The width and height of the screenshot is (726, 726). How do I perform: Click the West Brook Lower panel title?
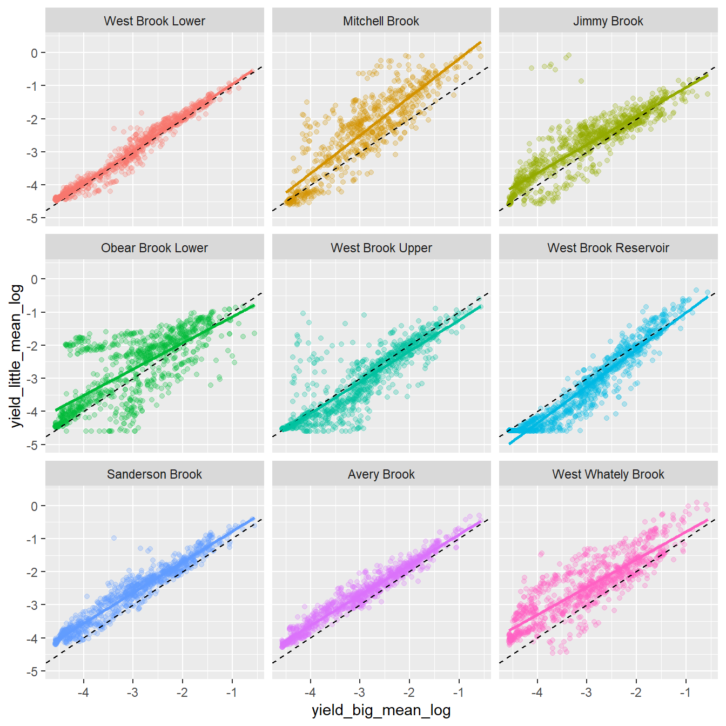(154, 21)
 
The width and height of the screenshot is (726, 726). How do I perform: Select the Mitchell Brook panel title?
(381, 21)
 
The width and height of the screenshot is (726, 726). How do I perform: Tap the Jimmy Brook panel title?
(608, 21)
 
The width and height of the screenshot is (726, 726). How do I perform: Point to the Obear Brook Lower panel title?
(154, 248)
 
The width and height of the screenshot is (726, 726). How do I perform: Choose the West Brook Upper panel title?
(381, 248)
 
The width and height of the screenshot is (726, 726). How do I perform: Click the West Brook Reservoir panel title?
(608, 248)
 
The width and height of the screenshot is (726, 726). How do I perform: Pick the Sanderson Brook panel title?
(154, 474)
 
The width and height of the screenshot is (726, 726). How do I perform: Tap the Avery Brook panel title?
(381, 474)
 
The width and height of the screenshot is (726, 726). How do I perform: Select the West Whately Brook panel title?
(608, 474)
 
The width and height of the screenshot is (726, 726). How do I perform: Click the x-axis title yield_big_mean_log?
(381, 710)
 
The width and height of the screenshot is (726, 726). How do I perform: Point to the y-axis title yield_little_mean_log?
(17, 356)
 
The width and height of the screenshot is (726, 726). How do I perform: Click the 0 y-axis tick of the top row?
(35, 53)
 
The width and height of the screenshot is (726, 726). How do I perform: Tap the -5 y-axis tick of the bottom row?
(32, 671)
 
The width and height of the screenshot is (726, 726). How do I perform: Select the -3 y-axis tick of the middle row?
(32, 379)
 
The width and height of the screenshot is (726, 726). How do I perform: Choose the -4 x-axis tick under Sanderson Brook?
(83, 693)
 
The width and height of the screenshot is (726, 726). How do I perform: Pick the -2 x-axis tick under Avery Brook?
(409, 693)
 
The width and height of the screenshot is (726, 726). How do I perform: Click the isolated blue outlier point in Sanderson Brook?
(113, 538)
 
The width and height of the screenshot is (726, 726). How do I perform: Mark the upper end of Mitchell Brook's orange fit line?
(480, 42)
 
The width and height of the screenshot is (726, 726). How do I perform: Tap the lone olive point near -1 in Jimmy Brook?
(581, 81)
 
